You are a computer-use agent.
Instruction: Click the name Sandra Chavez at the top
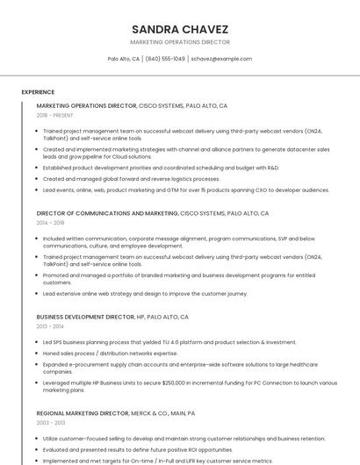[x=180, y=28]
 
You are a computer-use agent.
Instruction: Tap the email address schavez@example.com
[x=221, y=59]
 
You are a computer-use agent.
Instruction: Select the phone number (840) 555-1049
[x=165, y=59]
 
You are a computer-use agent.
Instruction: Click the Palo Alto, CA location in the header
[x=124, y=59]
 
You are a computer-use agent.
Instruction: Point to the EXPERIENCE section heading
[x=38, y=92]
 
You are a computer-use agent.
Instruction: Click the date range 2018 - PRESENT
[x=54, y=115]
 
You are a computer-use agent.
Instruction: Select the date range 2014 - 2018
[x=50, y=223]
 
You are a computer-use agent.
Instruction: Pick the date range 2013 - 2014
[x=50, y=326]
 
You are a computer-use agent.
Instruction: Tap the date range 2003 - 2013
[x=50, y=422]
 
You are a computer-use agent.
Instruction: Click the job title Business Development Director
[x=85, y=317]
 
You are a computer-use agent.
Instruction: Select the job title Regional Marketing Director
[x=83, y=412]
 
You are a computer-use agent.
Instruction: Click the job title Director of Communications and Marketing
[x=107, y=213]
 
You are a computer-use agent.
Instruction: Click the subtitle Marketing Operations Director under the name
[x=180, y=42]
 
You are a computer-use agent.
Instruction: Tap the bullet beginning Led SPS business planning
[x=169, y=342]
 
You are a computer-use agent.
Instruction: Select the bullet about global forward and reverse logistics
[x=132, y=179]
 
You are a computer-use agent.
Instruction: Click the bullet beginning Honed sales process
[x=110, y=353]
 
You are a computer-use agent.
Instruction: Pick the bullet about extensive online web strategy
[x=145, y=294]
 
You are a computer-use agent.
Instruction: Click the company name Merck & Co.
[x=150, y=412]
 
